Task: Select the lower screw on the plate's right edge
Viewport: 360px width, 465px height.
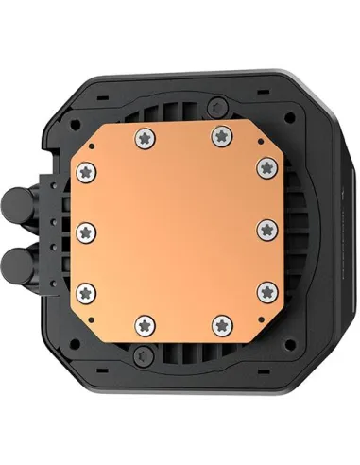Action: click(267, 288)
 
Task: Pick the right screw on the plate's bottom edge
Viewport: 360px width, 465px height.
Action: click(220, 326)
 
